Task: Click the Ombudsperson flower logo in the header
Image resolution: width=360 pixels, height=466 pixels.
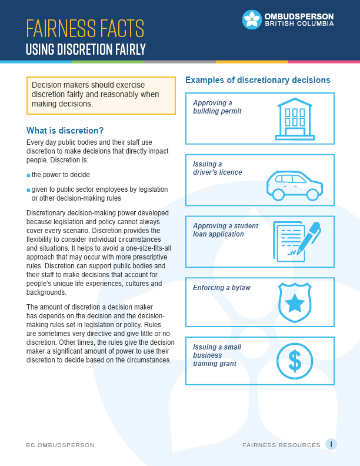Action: pos(252,19)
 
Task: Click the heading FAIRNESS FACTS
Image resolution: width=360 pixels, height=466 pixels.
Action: pos(85,28)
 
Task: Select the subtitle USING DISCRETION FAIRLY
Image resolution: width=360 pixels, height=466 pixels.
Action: pos(85,49)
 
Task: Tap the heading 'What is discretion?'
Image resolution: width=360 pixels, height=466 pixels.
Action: pos(65,131)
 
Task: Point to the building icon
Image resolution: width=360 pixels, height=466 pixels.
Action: pos(295,118)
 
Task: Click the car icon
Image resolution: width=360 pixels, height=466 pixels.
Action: pos(294,184)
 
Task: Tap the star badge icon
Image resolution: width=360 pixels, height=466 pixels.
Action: pos(295,303)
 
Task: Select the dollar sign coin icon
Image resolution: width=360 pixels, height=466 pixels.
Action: pos(295,361)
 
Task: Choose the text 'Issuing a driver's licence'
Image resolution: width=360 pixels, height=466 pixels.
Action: pos(217,168)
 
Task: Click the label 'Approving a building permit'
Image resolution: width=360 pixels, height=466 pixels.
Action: pos(216,106)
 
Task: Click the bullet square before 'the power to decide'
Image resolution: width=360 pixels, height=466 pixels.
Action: pos(28,175)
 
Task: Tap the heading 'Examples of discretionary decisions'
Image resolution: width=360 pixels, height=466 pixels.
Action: pos(258,80)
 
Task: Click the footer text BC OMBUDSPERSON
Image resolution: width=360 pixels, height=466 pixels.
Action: pos(60,445)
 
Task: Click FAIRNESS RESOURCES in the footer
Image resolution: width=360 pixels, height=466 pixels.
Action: pos(281,445)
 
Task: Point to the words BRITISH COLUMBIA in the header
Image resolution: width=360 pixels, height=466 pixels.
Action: pos(299,24)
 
